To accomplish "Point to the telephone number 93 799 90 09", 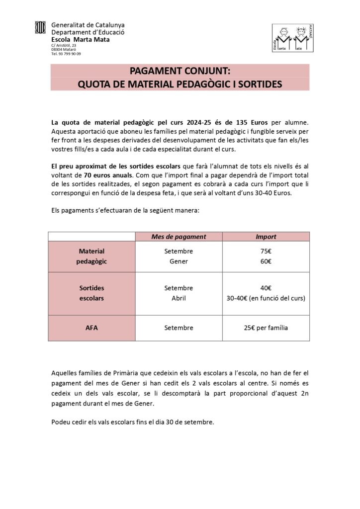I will tap(66, 54).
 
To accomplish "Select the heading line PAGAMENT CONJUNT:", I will tap(180, 71).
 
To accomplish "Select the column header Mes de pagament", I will tap(179, 237).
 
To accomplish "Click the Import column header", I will tap(266, 237).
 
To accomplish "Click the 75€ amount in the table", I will tap(266, 252).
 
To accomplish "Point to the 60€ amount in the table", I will tap(266, 261).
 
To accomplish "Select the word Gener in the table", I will tap(179, 261).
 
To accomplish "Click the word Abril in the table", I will tap(179, 298).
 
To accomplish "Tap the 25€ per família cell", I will tap(266, 328).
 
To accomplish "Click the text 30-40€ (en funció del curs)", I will tap(266, 298).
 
